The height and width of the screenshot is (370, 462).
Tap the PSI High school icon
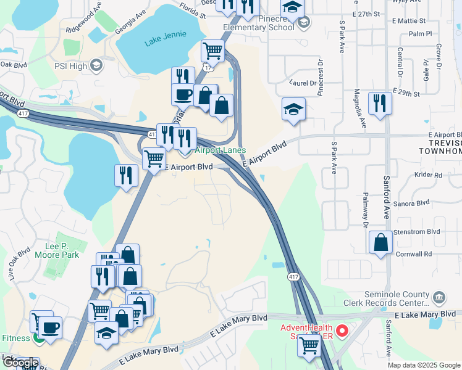[96, 65]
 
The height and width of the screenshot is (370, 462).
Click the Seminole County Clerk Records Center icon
[439, 298]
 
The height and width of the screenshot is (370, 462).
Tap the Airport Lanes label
[220, 150]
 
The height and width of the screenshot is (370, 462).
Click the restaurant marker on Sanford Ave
[380, 102]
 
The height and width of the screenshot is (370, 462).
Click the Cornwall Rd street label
[414, 254]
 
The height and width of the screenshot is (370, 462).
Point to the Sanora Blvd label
[414, 203]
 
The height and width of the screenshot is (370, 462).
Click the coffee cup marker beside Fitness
[49, 327]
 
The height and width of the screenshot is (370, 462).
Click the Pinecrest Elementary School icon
[303, 23]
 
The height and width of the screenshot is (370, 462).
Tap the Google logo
[20, 363]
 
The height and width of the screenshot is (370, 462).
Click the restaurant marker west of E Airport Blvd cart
[126, 175]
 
